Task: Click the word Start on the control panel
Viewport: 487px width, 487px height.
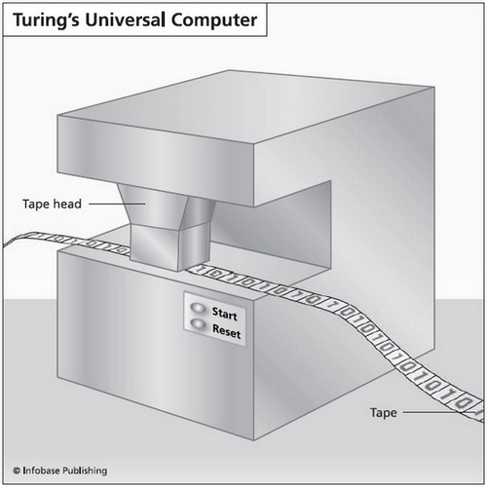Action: pos(225,315)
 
